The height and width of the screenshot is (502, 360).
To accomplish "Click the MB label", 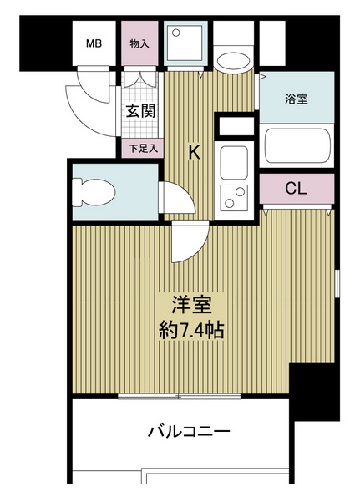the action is (94, 43).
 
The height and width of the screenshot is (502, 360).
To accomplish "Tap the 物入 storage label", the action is (139, 43).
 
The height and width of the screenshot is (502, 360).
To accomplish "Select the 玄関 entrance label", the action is (140, 111).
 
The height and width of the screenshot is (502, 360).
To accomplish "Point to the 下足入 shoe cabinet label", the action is (143, 148).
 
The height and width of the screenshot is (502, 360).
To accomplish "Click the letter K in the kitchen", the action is (194, 152).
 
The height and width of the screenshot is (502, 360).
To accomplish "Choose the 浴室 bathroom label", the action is (297, 99).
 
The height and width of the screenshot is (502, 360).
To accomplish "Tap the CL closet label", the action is (297, 189).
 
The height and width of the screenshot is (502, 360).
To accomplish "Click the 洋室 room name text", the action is (191, 304).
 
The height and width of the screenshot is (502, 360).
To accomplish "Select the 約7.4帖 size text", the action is (191, 330).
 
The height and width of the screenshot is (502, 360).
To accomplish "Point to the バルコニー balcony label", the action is (189, 432).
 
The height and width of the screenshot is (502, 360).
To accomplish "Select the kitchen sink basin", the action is (234, 163).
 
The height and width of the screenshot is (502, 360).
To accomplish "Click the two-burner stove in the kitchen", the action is (234, 197).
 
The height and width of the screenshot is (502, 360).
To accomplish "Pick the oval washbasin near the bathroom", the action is (233, 60).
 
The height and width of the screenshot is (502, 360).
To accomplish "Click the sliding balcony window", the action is (179, 397).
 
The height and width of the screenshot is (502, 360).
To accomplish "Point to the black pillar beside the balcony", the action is (314, 392).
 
